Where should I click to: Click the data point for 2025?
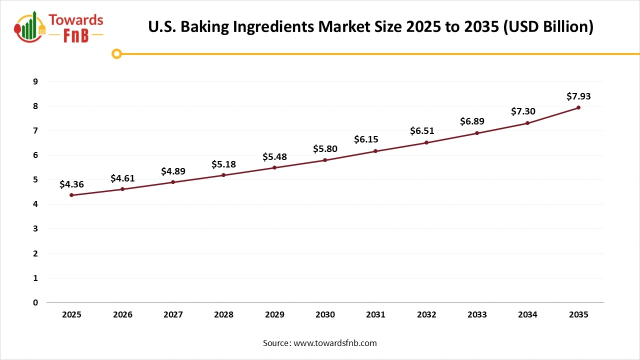(71, 195)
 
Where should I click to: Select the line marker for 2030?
(325, 160)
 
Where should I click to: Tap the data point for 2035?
(578, 107)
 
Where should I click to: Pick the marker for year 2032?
(426, 142)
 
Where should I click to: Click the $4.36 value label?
(71, 184)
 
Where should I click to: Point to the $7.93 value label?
(578, 96)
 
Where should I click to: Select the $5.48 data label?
(274, 157)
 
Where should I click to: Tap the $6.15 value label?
(375, 139)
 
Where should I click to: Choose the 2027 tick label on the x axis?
(173, 314)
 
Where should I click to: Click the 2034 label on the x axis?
(527, 314)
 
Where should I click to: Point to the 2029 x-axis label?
(274, 314)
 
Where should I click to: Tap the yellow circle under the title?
(116, 53)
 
